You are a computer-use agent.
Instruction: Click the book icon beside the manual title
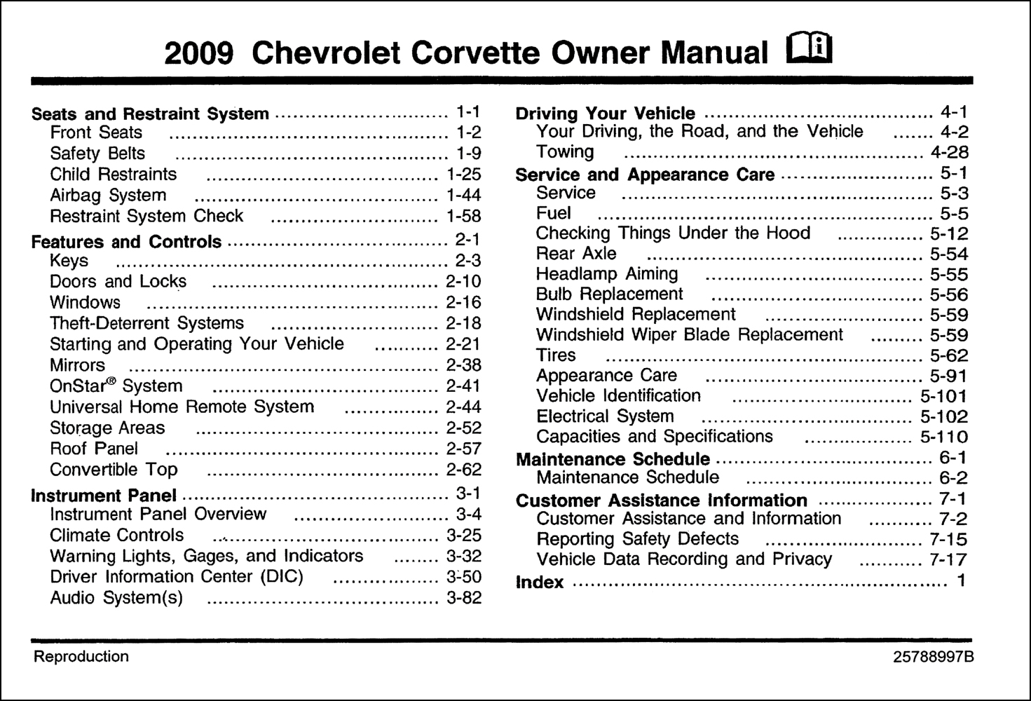pos(810,50)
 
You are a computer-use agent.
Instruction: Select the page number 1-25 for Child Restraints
pos(463,175)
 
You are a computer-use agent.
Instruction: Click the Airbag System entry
pos(108,196)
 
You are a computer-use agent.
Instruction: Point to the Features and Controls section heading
pos(126,243)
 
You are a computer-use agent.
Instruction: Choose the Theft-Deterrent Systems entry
pos(146,324)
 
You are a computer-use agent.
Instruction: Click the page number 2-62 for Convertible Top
pos(463,470)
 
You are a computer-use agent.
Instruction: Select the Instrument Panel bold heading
pos(104,496)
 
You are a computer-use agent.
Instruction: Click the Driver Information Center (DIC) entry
pos(176,577)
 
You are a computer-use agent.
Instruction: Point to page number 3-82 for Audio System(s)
pos(463,599)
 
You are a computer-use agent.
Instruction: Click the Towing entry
pos(565,152)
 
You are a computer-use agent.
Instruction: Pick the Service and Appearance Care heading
pos(645,175)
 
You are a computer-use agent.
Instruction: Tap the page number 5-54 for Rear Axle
pos(948,254)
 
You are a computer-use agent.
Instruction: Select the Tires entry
pos(556,355)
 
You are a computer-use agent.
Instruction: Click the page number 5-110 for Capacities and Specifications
pos(943,437)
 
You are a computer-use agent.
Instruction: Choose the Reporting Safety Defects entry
pos(637,539)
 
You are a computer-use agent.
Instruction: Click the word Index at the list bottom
pos(539,583)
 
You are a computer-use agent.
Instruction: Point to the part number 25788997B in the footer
pos(933,658)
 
